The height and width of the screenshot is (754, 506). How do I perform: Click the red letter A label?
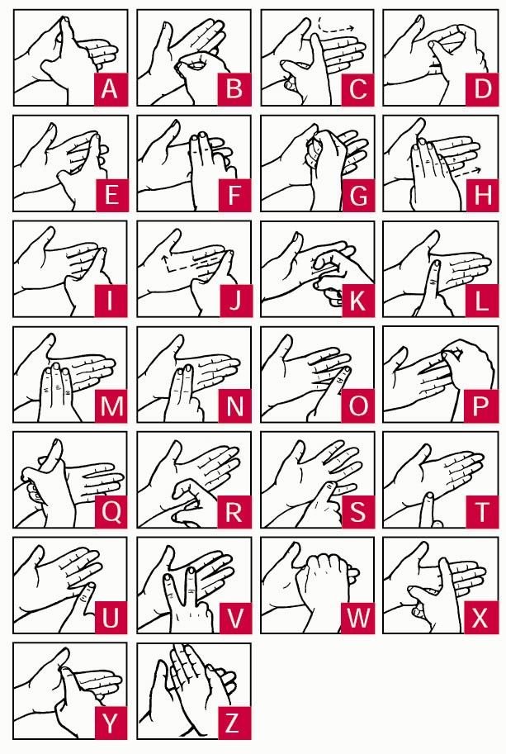click(110, 89)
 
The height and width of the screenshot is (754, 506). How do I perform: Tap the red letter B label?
click(234, 89)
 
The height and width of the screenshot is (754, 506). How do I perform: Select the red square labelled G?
click(357, 195)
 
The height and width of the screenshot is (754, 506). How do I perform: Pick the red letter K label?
click(357, 301)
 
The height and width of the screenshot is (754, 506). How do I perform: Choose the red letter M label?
click(110, 406)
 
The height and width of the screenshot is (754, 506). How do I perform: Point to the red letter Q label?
click(110, 512)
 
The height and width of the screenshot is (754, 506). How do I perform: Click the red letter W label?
click(357, 618)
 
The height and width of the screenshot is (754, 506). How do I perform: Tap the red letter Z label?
click(234, 723)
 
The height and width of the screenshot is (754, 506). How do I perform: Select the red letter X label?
click(480, 618)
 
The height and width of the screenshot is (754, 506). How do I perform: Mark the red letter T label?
click(480, 512)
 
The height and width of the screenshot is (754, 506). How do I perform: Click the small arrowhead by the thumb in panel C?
click(286, 81)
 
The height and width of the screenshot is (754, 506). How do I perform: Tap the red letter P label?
click(480, 406)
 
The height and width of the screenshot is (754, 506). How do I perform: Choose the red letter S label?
click(357, 512)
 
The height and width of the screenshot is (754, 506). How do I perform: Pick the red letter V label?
click(234, 618)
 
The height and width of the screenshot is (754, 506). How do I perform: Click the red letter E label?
click(110, 195)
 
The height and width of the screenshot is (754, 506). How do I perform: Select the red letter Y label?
click(110, 723)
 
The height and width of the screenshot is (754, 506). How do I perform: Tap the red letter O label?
click(357, 406)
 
